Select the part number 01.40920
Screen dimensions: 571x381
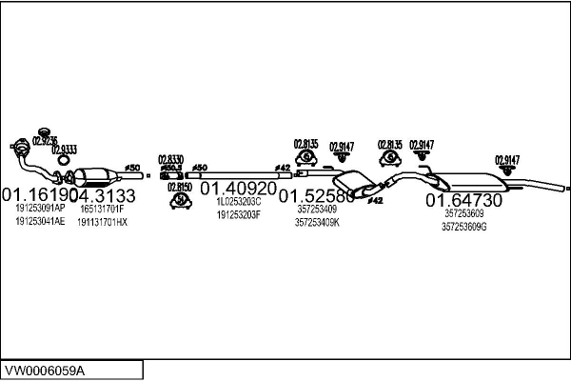point(237,189)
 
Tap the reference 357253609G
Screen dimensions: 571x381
point(464,227)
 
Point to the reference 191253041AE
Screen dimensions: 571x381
point(40,221)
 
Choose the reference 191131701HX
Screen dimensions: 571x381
point(102,221)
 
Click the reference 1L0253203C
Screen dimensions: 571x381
point(237,203)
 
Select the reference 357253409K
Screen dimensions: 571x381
point(317,222)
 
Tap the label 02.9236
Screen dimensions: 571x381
point(45,140)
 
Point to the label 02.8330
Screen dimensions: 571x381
point(171,158)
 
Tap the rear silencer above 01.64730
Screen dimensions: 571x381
point(470,181)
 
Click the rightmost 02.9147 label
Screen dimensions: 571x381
point(506,159)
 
